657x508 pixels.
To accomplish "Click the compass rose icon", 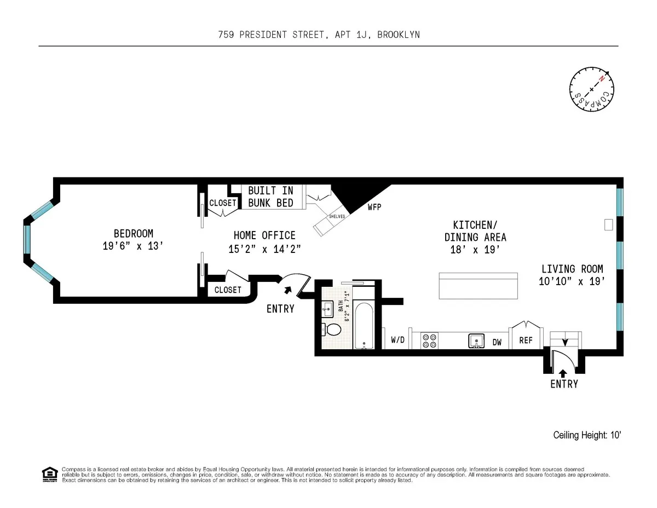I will tap(592, 89).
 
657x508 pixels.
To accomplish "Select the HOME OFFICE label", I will tap(264, 241).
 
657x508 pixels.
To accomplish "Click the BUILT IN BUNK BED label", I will tap(270, 197).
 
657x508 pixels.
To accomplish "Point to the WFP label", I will tap(374, 207).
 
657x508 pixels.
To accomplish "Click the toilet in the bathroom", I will tap(332, 330).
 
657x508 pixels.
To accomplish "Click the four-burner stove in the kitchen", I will tap(428, 340).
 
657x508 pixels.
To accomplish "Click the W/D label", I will tap(397, 340).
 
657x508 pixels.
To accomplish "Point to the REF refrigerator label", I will tap(526, 340).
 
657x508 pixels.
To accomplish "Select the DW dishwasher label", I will tap(497, 342).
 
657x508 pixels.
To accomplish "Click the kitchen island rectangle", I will tap(479, 285).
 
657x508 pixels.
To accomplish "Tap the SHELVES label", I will tap(336, 216).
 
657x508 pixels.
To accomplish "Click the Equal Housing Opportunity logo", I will tap(49, 474).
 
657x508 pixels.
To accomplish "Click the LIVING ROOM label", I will tap(572, 275).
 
